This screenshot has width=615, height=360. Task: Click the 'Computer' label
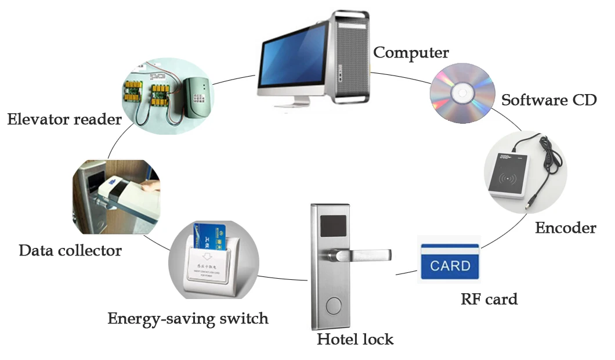(411, 53)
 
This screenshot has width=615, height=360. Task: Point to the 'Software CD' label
(548, 99)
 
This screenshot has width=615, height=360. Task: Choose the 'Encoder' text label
(565, 228)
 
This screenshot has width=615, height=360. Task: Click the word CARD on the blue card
(450, 266)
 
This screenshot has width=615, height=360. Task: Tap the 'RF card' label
(489, 299)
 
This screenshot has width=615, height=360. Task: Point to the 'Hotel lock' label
(354, 339)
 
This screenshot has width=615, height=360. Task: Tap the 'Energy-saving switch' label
(188, 318)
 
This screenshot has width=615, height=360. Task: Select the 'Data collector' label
(70, 251)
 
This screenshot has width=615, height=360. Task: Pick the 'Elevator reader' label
(64, 120)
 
